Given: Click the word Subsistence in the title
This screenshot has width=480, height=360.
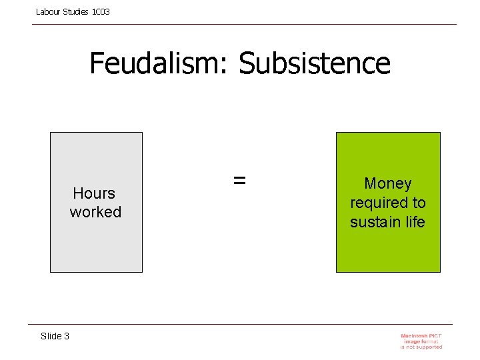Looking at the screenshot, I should point(315,64).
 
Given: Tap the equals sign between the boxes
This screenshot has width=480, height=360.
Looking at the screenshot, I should point(239,180).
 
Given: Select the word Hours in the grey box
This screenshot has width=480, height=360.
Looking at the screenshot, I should point(94,193).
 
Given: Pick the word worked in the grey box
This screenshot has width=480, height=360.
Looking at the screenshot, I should point(95,212).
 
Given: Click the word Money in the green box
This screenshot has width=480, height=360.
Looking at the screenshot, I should point(387,183).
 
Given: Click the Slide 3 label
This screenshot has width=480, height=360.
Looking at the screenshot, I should point(55,336).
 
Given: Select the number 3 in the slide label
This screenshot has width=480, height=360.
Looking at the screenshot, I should point(66,336).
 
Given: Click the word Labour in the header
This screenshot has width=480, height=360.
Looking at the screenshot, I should point(48,12).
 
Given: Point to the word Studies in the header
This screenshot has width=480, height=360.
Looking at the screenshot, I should point(76,12).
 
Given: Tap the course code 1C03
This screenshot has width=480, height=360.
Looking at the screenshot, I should point(101,12).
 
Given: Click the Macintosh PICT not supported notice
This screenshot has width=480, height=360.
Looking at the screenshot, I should point(421,341).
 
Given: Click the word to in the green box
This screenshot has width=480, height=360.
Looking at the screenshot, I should point(418,203).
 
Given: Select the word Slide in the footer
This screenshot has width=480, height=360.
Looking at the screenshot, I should point(51,336).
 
